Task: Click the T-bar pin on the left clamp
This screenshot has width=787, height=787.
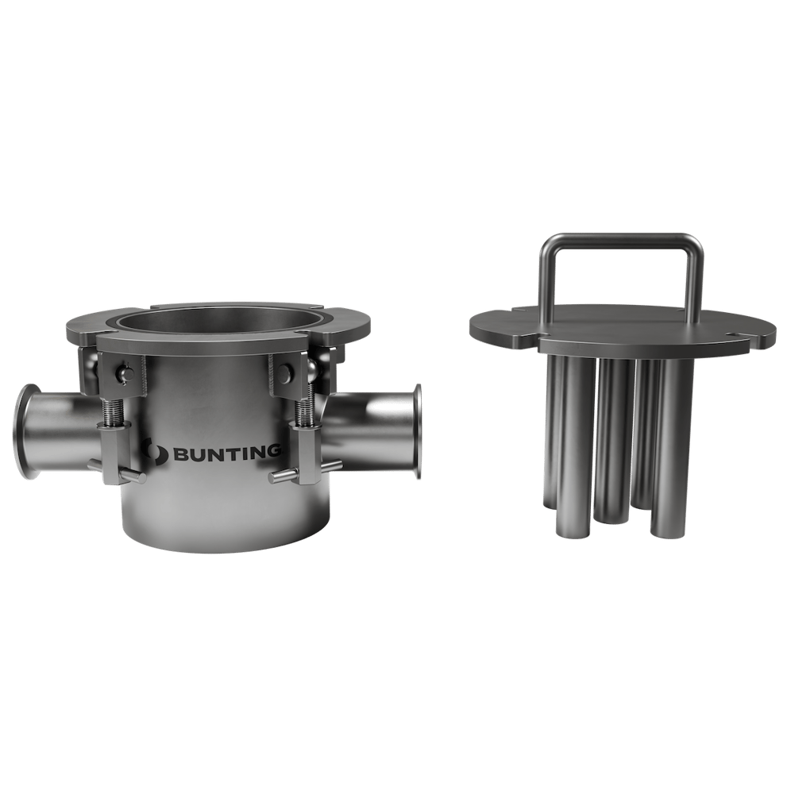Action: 127,476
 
